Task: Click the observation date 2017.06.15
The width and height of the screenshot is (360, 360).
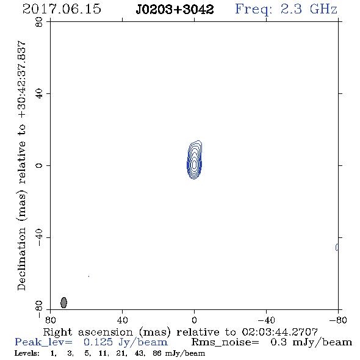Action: pyautogui.click(x=62, y=9)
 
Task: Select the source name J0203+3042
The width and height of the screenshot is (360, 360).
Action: pyautogui.click(x=175, y=10)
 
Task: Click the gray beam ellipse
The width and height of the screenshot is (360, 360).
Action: pyautogui.click(x=64, y=303)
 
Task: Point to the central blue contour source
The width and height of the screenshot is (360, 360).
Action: pyautogui.click(x=195, y=160)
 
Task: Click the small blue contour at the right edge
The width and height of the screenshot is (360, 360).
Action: pyautogui.click(x=337, y=247)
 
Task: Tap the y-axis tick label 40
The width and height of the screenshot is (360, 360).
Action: pyautogui.click(x=39, y=94)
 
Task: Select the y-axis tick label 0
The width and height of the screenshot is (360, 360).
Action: pyautogui.click(x=39, y=165)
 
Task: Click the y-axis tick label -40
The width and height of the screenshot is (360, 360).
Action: pyautogui.click(x=39, y=237)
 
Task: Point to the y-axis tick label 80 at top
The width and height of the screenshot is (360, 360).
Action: pyautogui.click(x=39, y=22)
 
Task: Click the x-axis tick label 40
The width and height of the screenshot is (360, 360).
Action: pyautogui.click(x=123, y=320)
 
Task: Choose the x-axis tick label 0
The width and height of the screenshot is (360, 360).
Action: pyautogui.click(x=194, y=320)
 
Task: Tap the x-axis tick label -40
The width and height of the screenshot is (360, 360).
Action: pyautogui.click(x=266, y=320)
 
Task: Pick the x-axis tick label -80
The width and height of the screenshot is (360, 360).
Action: pyautogui.click(x=338, y=320)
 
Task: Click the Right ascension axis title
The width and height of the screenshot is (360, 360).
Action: pyautogui.click(x=180, y=332)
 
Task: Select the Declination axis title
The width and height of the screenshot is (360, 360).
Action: pyautogui.click(x=21, y=165)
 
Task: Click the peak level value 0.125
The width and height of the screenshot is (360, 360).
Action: pyautogui.click(x=98, y=342)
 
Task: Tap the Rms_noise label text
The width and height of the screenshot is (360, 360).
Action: pyautogui.click(x=225, y=342)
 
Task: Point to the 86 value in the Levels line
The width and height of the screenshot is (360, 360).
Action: pyautogui.click(x=157, y=353)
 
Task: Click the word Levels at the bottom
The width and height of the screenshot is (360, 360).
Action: pyautogui.click(x=27, y=353)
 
